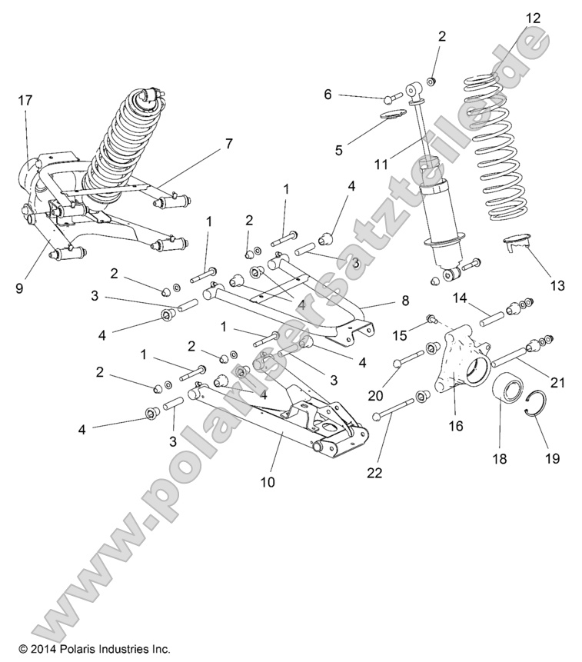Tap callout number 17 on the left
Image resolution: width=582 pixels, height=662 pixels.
point(25,99)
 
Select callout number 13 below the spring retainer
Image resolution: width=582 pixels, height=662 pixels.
point(557,285)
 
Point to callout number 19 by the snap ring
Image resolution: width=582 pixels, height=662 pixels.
point(552,458)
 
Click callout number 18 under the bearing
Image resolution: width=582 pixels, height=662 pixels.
point(501,458)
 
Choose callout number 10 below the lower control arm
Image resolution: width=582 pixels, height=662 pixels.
point(267,483)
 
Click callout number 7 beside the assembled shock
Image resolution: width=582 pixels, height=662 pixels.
point(206,143)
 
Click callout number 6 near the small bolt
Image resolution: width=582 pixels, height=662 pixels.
point(328,95)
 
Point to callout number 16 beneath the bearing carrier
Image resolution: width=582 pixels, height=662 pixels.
point(456,425)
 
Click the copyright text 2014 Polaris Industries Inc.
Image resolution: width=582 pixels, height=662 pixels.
point(95,648)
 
